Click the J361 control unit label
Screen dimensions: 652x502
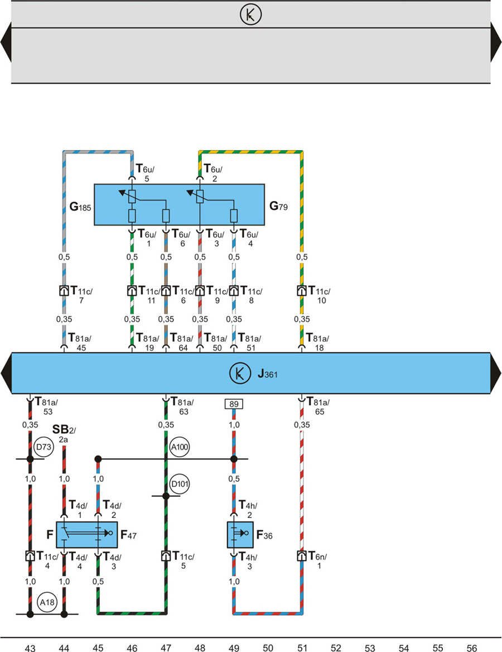click(x=268, y=373)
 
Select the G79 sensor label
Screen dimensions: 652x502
click(x=281, y=207)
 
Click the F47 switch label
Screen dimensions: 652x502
click(x=129, y=535)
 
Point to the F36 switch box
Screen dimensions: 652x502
click(x=240, y=535)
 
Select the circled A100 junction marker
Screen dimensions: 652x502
click(x=180, y=447)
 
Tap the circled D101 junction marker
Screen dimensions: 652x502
click(x=180, y=484)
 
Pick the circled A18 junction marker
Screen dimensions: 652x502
click(x=46, y=602)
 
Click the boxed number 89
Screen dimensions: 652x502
click(x=233, y=404)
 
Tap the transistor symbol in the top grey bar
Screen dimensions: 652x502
click(x=250, y=15)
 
